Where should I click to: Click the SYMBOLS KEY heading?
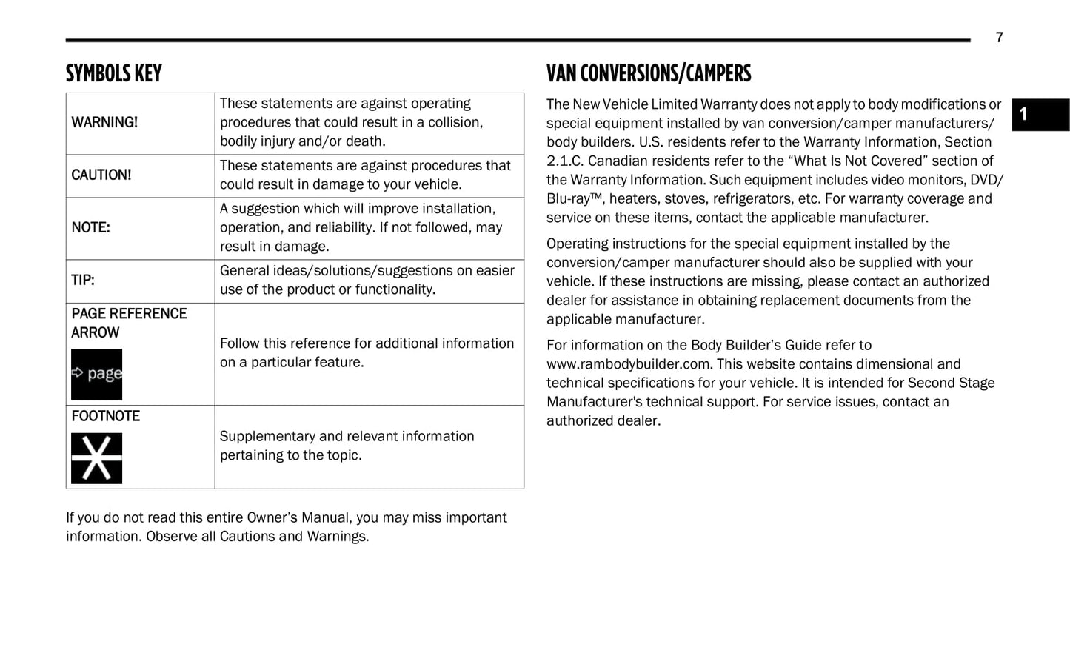click(x=113, y=73)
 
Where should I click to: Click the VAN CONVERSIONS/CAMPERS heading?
click(x=648, y=73)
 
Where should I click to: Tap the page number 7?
click(x=999, y=38)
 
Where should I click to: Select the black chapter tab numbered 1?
click(x=1040, y=115)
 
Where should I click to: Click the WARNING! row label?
click(x=104, y=122)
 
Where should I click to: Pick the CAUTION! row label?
click(x=101, y=175)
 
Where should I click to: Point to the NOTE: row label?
click(x=90, y=227)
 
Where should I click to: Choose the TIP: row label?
click(x=83, y=280)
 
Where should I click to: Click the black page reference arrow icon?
click(x=96, y=374)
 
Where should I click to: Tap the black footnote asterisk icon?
click(x=96, y=458)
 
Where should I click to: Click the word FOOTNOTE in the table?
click(x=105, y=416)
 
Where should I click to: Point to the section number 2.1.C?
click(x=564, y=161)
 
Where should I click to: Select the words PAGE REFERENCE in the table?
click(x=129, y=314)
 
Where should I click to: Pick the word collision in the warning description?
click(x=452, y=122)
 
